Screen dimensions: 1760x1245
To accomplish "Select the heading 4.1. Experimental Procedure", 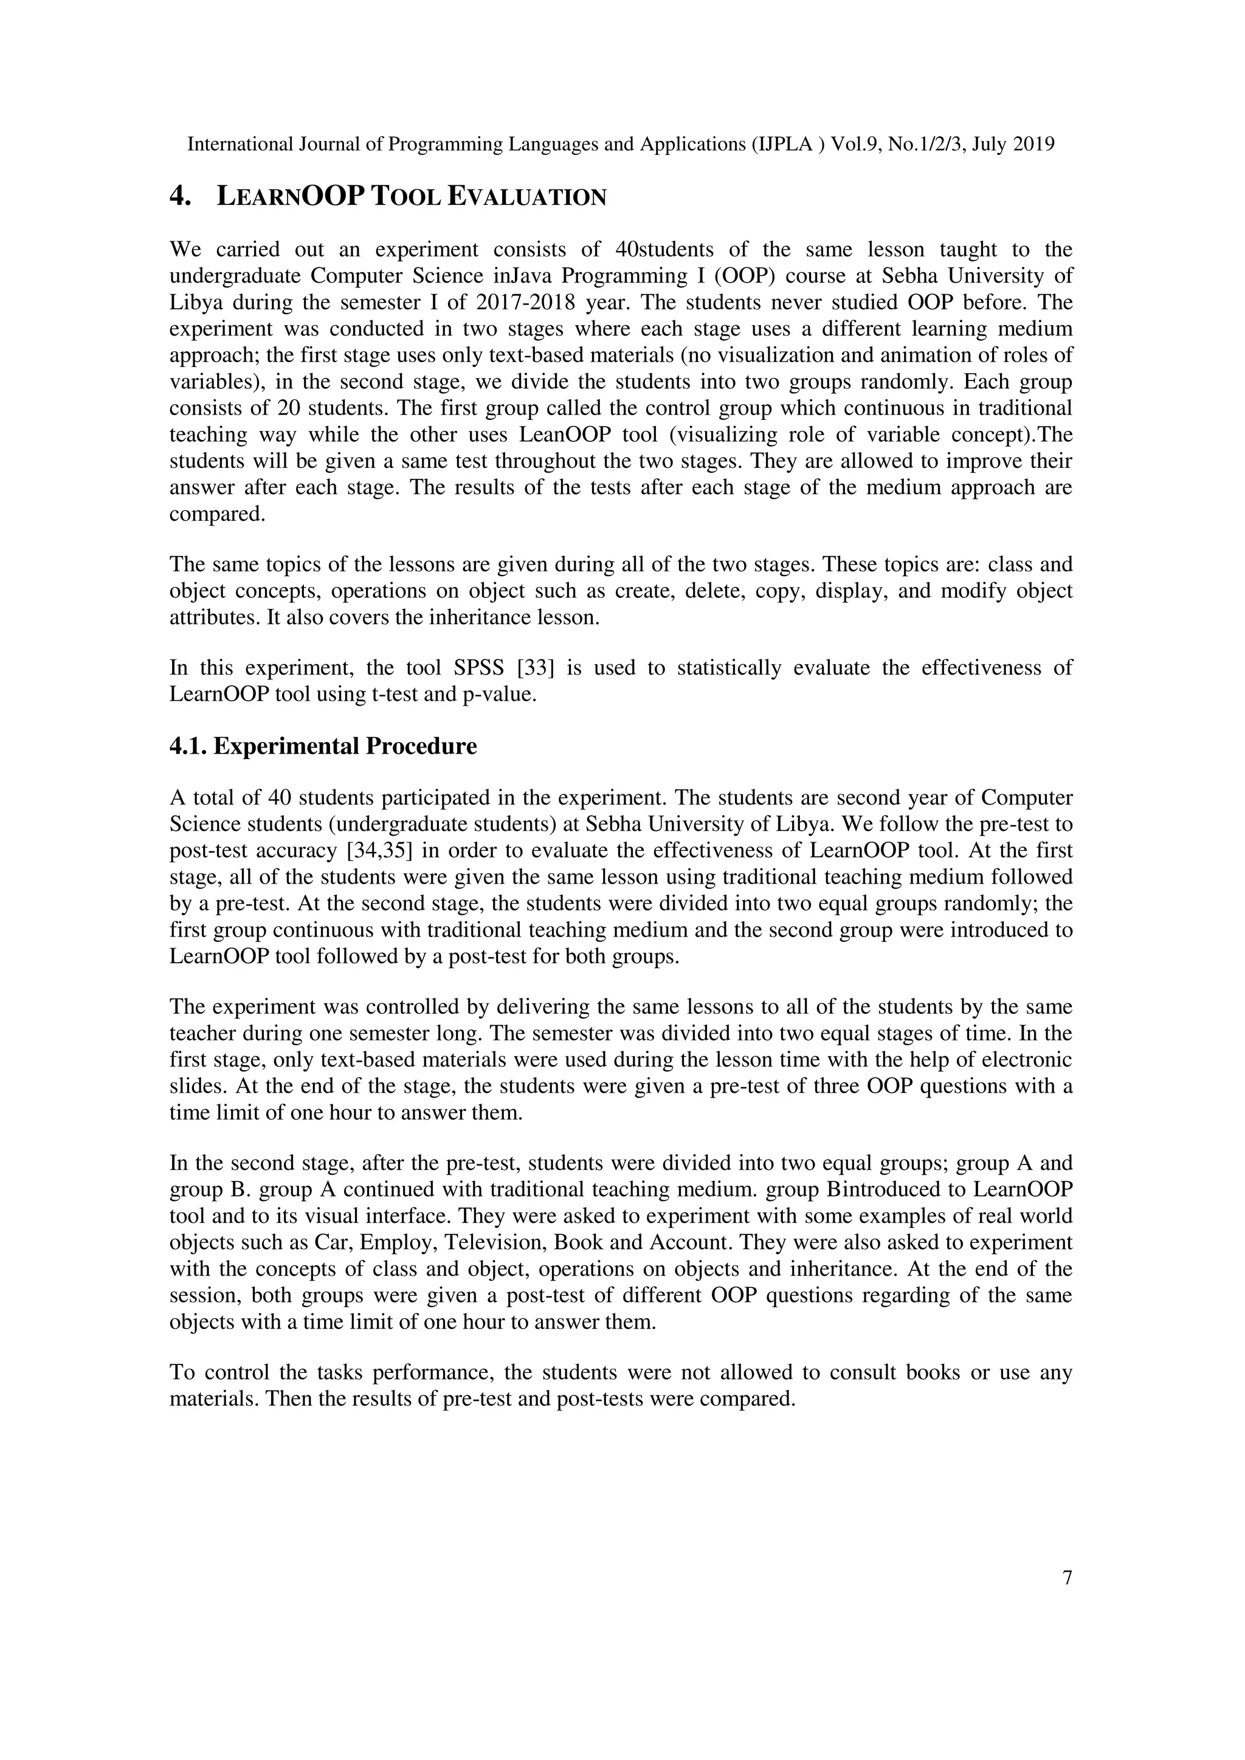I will click(323, 746).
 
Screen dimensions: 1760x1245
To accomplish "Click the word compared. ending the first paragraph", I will click(217, 514).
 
